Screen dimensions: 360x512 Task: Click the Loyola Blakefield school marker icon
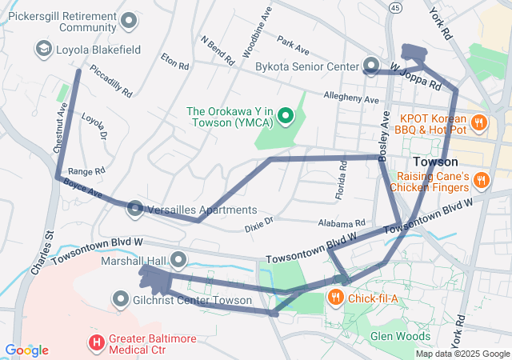point(42,50)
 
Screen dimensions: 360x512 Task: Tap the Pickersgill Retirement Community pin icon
point(132,19)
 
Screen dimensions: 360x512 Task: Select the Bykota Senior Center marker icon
point(371,65)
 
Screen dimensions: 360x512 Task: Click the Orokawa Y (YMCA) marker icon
point(285,120)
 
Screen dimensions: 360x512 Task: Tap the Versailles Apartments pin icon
point(135,210)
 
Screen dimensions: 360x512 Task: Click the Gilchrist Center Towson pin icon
point(122,300)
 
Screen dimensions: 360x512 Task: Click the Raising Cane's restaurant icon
point(480,181)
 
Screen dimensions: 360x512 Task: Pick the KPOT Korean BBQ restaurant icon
point(478,122)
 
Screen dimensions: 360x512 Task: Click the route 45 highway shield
point(395,7)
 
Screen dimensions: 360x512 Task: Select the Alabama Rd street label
point(341,223)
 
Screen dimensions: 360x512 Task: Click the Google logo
point(26,350)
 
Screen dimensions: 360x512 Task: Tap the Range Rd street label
point(86,171)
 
